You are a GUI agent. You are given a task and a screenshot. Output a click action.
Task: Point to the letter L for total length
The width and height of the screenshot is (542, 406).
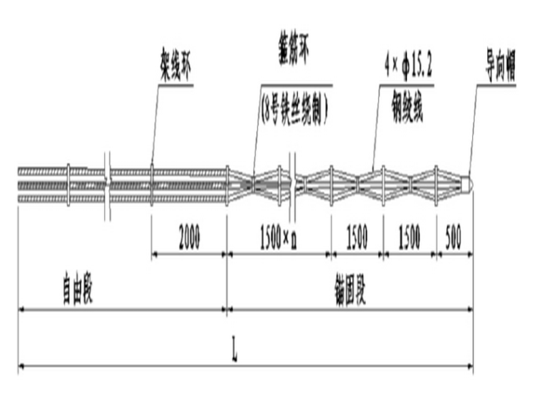coord(235,353)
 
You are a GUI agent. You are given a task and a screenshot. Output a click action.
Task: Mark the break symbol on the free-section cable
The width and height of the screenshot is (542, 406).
coord(108,183)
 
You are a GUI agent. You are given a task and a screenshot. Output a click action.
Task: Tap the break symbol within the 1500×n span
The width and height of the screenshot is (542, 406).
coord(292,183)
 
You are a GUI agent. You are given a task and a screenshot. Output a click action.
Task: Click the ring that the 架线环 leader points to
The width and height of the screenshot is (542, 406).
coord(151,184)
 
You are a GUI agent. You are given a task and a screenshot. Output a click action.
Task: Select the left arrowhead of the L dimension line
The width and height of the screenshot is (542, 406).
coord(21,366)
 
